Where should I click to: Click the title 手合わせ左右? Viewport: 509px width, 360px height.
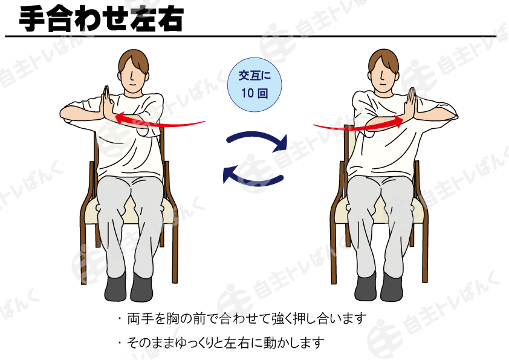pyautogui.click(x=102, y=19)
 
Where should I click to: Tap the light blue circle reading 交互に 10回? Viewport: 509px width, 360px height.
pyautogui.click(x=254, y=85)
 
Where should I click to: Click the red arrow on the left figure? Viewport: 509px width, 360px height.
pyautogui.click(x=160, y=121)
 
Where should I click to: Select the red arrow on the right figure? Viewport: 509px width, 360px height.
pyautogui.click(x=358, y=124)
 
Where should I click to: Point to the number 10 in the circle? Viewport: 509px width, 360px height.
pyautogui.click(x=247, y=93)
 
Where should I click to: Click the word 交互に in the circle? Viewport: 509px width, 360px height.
pyautogui.click(x=254, y=76)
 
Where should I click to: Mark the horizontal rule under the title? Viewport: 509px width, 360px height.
pyautogui.click(x=251, y=36)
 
